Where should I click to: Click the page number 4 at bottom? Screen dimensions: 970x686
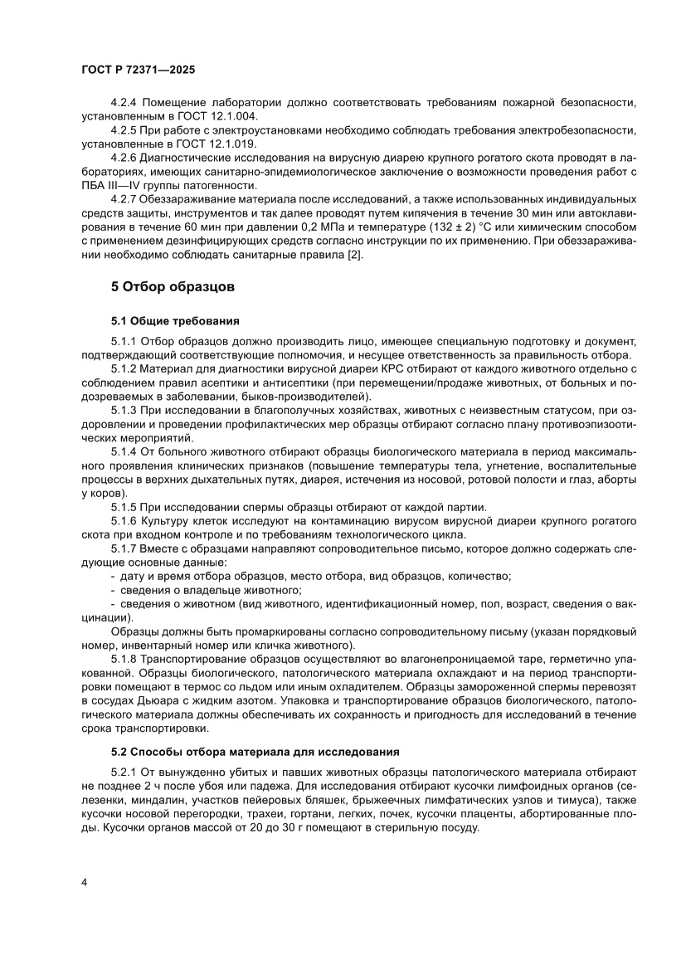pos(85,881)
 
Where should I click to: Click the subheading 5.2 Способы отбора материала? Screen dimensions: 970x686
pos(255,752)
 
